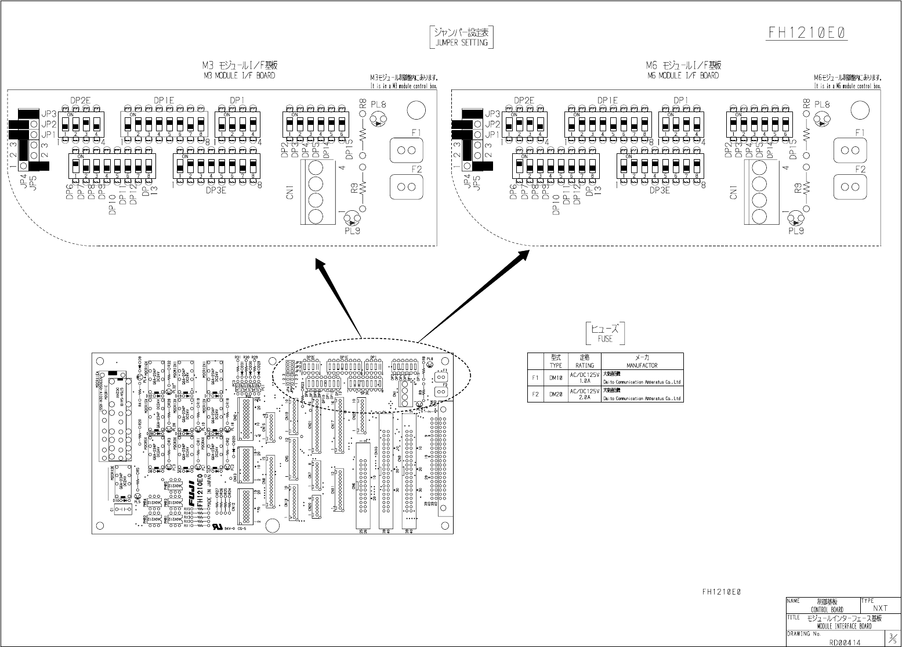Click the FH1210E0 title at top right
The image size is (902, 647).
coord(807,33)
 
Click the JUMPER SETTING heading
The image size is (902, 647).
coord(461,42)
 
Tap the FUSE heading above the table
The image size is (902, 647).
coord(605,338)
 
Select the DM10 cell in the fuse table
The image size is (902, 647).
coord(556,378)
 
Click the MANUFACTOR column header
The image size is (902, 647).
coord(642,365)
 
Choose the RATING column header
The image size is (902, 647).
coord(584,365)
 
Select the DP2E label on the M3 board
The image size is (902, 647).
coord(80,100)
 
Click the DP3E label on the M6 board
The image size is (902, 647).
coord(660,190)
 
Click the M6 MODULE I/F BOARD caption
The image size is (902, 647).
coord(682,76)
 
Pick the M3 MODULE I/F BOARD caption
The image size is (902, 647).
coord(239,76)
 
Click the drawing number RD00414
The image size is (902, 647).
coord(845,641)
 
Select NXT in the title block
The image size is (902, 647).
coord(880,608)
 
